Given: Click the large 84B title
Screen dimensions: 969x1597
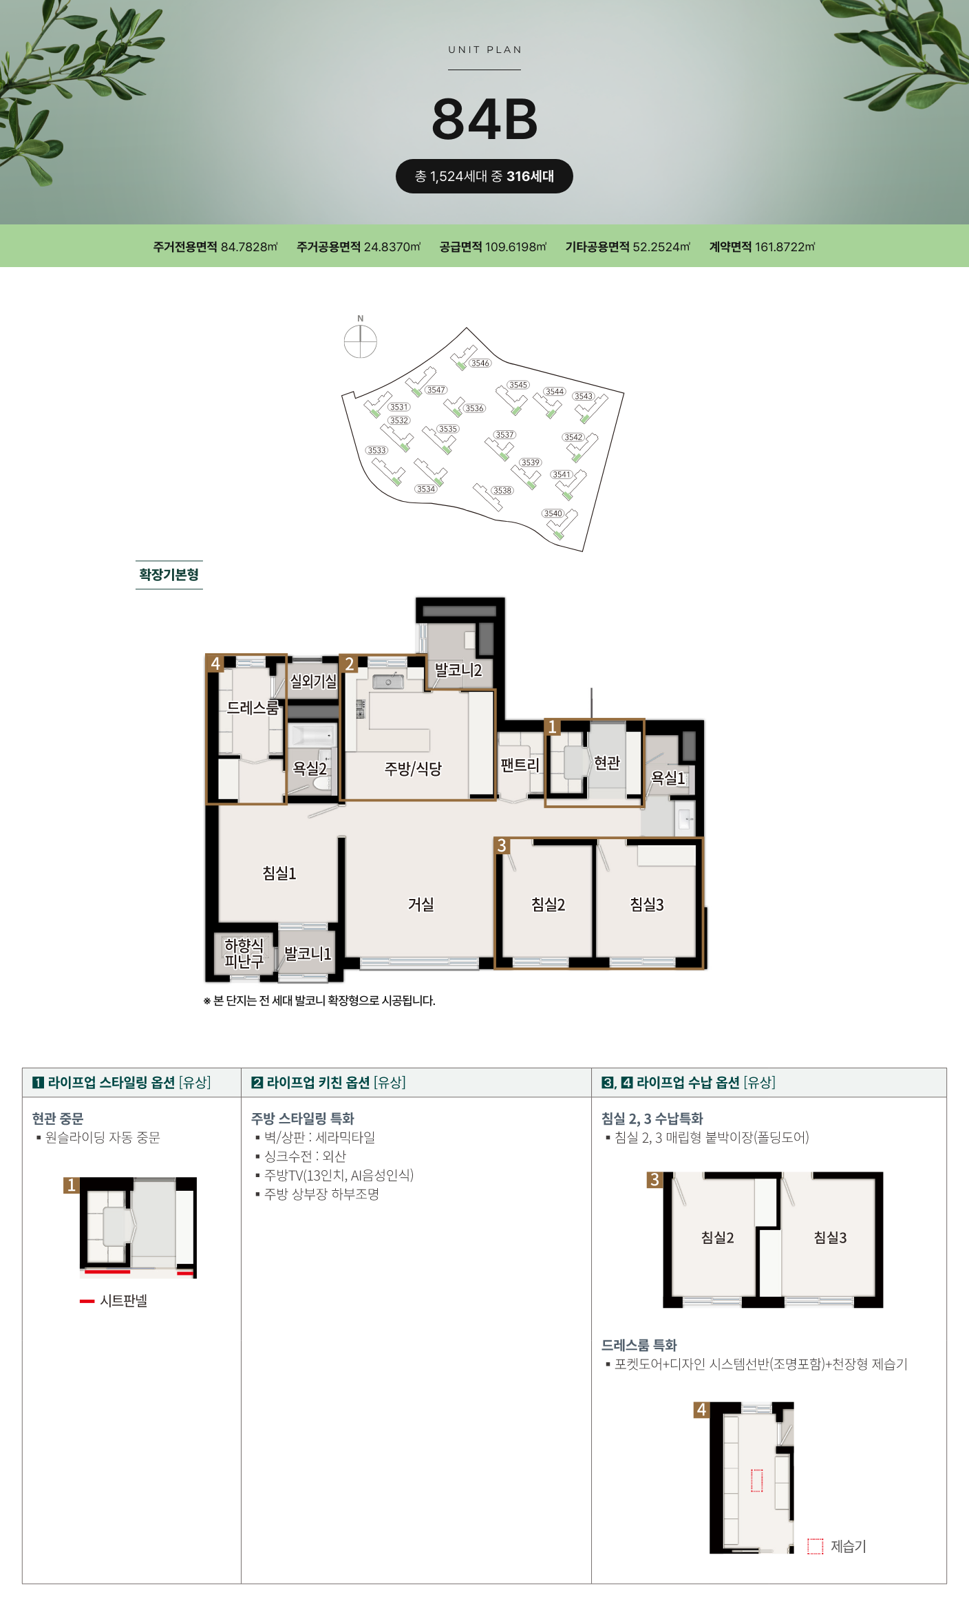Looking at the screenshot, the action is coord(484,119).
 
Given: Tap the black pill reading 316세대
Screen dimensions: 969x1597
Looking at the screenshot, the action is coord(484,176).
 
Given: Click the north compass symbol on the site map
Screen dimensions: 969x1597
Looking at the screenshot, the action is coord(360,341).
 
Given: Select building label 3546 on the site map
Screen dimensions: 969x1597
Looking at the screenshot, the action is coord(480,363).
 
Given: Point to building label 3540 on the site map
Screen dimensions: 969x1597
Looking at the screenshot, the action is coord(553,513).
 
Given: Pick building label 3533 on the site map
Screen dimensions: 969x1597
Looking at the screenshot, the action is coord(376,450).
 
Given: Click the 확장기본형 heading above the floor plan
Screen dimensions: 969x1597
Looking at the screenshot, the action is coord(169,575).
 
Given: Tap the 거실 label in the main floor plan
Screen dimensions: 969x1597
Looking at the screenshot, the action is coord(421,904).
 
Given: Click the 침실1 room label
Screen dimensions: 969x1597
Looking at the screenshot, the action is coord(279,873).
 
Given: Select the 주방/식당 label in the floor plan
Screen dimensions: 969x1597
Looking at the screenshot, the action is coord(413,768).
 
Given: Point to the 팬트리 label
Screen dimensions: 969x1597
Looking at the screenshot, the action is coord(520,764).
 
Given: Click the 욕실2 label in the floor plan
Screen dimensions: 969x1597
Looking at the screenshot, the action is coord(310,768).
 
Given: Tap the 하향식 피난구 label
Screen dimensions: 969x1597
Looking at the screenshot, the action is coord(244,953).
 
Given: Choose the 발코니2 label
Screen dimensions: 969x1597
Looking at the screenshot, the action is coord(458,670).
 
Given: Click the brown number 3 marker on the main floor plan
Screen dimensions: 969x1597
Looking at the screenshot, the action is coord(502,845).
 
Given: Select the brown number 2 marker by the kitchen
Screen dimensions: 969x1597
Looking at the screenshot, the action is coord(350,664).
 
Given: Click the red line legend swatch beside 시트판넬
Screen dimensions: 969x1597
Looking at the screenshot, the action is coord(87,1301).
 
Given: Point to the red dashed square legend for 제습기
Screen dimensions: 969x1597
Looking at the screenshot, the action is coord(815,1546).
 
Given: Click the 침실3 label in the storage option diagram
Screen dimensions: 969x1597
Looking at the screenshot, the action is coord(831,1238).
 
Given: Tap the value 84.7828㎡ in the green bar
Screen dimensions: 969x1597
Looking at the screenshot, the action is coord(249,246).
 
